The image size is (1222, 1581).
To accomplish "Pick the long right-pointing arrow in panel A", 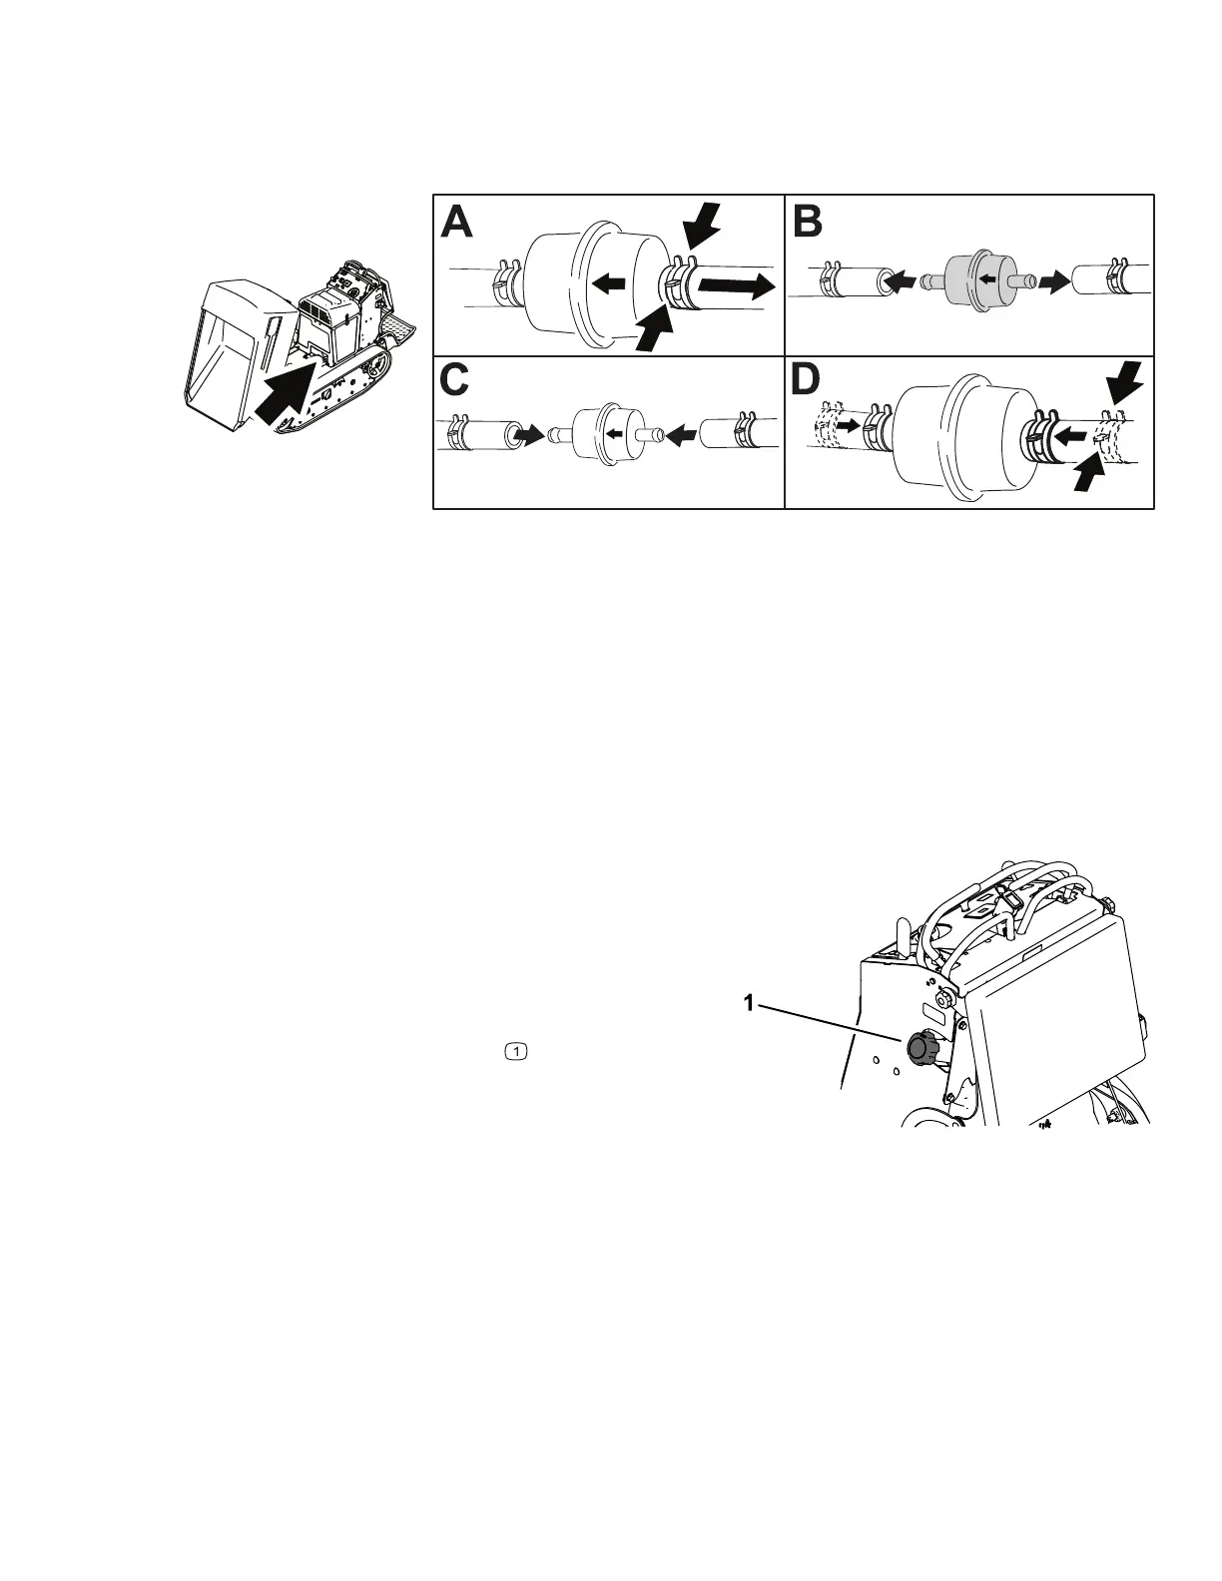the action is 736,287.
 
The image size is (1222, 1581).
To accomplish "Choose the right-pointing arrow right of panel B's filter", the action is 1050,282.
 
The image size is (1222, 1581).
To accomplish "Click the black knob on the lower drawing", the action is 919,1049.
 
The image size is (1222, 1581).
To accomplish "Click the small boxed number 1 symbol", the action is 516,1050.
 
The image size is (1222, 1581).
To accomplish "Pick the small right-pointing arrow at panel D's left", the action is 847,425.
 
